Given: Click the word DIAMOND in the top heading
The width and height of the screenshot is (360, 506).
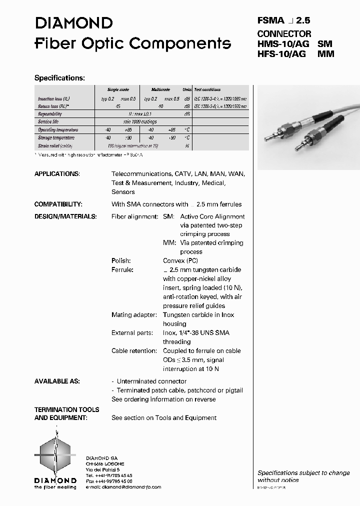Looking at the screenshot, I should [x=73, y=23].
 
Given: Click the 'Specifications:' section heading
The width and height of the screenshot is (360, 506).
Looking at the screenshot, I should [x=59, y=78].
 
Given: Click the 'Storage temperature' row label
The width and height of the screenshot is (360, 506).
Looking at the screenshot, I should [x=56, y=138].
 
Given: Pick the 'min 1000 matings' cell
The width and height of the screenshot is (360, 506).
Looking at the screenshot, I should [x=140, y=122].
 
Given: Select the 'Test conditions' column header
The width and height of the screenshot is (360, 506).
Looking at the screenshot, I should [x=207, y=89].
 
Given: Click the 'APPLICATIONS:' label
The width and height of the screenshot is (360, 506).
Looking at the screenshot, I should [x=56, y=174].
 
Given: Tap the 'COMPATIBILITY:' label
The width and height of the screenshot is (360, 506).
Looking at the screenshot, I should [x=58, y=204].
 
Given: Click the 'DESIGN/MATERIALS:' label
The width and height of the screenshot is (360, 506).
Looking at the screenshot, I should [x=65, y=216].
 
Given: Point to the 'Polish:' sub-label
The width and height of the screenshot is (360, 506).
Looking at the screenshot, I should [x=121, y=260].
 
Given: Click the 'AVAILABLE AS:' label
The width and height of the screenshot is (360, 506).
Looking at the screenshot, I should [x=57, y=381].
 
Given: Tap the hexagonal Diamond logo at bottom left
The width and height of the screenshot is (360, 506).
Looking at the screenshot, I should [x=55, y=454].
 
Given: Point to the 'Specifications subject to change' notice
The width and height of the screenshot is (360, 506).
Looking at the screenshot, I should [x=303, y=472].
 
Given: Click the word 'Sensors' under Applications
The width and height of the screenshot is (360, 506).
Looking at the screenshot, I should [x=123, y=192].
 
